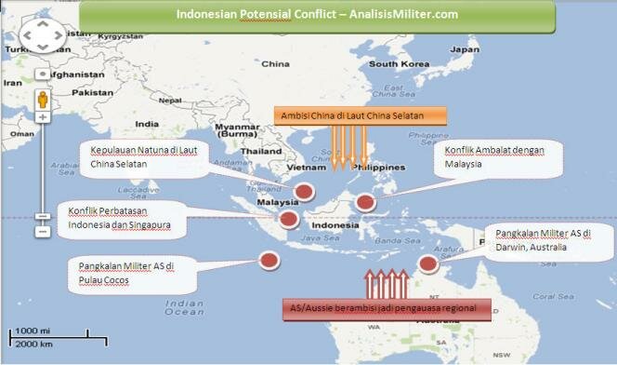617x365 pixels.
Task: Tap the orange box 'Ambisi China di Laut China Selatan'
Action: click(360, 116)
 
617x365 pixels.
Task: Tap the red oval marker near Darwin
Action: click(428, 264)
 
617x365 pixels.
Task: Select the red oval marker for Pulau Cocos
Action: click(269, 261)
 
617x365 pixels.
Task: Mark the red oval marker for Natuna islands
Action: click(304, 191)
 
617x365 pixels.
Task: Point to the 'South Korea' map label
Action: click(397, 64)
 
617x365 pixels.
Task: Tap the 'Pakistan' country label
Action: click(92, 93)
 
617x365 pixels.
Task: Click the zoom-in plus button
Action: click(43, 118)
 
